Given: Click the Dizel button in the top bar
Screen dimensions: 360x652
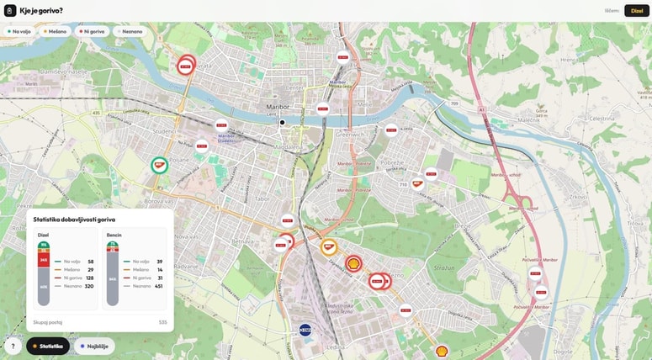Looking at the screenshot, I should pos(637,11).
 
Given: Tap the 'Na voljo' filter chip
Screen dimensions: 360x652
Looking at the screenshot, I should pos(19,31).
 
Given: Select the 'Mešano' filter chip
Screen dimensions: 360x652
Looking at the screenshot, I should pos(55,31).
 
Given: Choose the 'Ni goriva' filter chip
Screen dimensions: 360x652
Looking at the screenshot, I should pos(92,31).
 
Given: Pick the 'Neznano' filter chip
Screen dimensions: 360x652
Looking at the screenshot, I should pos(130,31).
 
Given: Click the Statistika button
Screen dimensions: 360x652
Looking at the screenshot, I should pos(48,346).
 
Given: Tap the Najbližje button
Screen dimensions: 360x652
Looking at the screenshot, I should pos(94,346).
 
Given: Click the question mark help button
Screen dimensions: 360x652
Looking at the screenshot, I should pos(13,346).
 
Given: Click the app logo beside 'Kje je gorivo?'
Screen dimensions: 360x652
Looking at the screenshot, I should pos(10,11).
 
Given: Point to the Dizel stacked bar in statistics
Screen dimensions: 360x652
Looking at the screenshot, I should pos(44,274).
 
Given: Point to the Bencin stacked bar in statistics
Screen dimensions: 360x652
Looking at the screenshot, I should pos(113,274).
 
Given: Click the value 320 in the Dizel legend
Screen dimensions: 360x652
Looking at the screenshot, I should pos(89,286).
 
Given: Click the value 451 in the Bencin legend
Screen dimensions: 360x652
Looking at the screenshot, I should pos(158,286).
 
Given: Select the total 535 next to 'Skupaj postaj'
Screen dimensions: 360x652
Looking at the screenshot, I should pos(163,322).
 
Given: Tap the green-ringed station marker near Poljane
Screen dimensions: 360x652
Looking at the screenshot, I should pos(159,165).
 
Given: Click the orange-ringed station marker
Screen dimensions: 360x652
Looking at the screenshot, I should pos(329,247).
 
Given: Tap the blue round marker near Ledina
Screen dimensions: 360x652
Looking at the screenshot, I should pos(305,330).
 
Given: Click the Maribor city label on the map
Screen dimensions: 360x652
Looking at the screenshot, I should pos(278,107).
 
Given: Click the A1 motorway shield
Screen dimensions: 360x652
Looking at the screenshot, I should pos(481,109).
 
